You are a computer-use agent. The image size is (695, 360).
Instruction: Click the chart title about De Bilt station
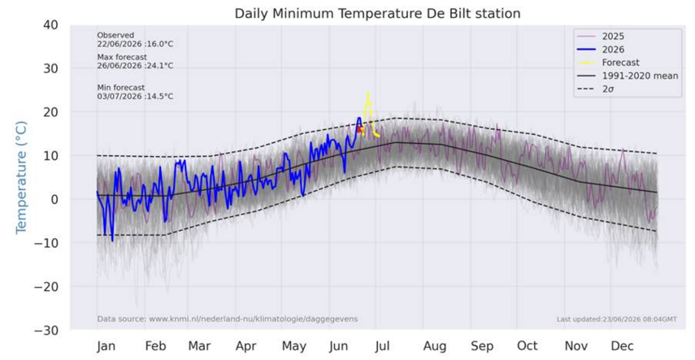click(x=377, y=13)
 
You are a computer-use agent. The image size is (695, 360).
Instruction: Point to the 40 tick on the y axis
click(x=50, y=25)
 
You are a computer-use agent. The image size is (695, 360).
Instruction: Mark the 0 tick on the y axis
click(x=54, y=200)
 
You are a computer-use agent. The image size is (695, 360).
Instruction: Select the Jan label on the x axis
click(x=106, y=346)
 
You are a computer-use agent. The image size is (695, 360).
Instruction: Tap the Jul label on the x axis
click(x=382, y=346)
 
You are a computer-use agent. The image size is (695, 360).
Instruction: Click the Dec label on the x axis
click(x=623, y=346)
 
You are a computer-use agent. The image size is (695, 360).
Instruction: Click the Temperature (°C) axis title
click(x=21, y=177)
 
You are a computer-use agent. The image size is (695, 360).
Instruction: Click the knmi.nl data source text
click(x=228, y=319)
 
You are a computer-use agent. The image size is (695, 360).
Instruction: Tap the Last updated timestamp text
click(x=616, y=319)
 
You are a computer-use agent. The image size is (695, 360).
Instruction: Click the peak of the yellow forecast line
click(x=368, y=93)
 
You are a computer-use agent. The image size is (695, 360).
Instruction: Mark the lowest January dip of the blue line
click(x=113, y=241)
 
